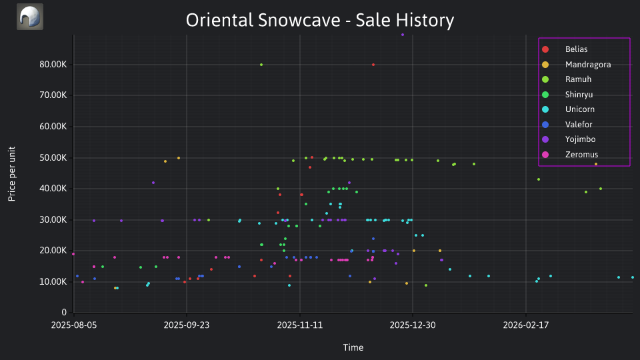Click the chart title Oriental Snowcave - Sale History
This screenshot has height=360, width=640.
coord(320,20)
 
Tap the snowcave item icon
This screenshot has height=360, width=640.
coord(30,17)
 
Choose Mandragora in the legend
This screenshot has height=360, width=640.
coord(576,65)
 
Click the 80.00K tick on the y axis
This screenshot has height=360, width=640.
coord(53,65)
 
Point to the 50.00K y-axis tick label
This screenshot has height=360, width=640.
coord(53,158)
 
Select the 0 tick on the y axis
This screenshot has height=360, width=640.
coord(64,313)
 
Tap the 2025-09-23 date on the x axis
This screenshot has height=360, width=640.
coord(187,325)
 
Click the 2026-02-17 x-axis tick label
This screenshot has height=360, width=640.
coord(526,325)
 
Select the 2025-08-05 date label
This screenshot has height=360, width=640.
coord(74,325)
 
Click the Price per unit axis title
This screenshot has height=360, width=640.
coord(12,174)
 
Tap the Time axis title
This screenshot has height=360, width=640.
coord(353,347)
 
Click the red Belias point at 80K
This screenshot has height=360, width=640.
coord(373,65)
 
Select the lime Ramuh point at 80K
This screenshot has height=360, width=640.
coord(261,65)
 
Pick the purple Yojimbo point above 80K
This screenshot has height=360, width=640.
coord(403,35)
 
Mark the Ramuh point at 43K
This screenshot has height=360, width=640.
coord(539,179)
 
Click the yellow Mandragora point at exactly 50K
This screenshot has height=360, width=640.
coord(179,158)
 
